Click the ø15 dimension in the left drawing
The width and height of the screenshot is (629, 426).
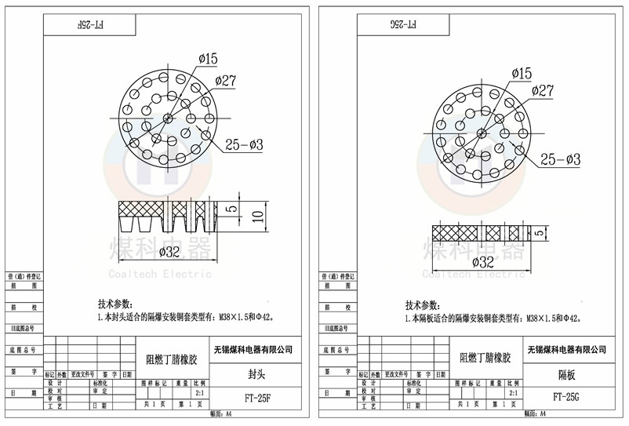pyautogui.click(x=208, y=58)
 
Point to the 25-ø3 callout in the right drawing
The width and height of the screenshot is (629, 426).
pyautogui.click(x=560, y=160)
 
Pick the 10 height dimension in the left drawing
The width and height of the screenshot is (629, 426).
pyautogui.click(x=256, y=217)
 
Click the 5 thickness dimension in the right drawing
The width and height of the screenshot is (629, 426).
pyautogui.click(x=538, y=233)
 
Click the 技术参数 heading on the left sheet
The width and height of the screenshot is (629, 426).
pyautogui.click(x=115, y=304)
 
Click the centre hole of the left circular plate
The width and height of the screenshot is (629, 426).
pyautogui.click(x=169, y=118)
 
